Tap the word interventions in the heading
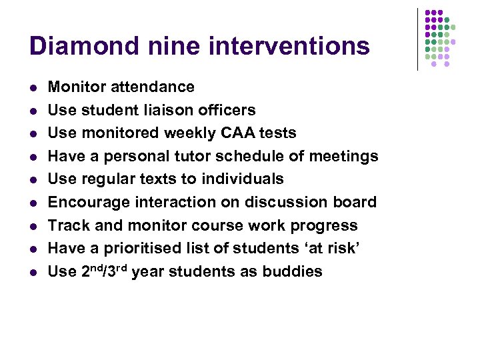pyautogui.click(x=289, y=46)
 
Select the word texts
pyautogui.click(x=157, y=179)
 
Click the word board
pyautogui.click(x=357, y=202)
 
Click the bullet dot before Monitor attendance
pyautogui.click(x=33, y=87)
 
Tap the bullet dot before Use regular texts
pyautogui.click(x=33, y=179)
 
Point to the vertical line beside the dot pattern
pyautogui.click(x=418, y=39)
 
